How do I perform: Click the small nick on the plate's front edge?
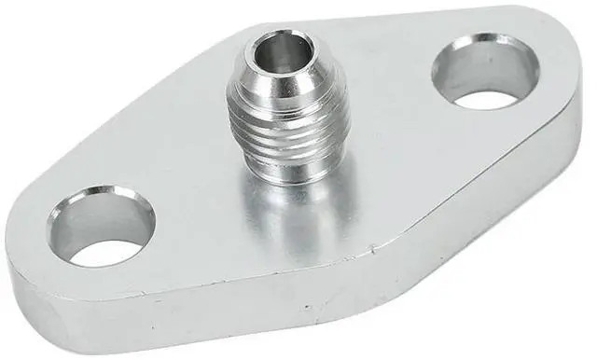click(373, 250)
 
